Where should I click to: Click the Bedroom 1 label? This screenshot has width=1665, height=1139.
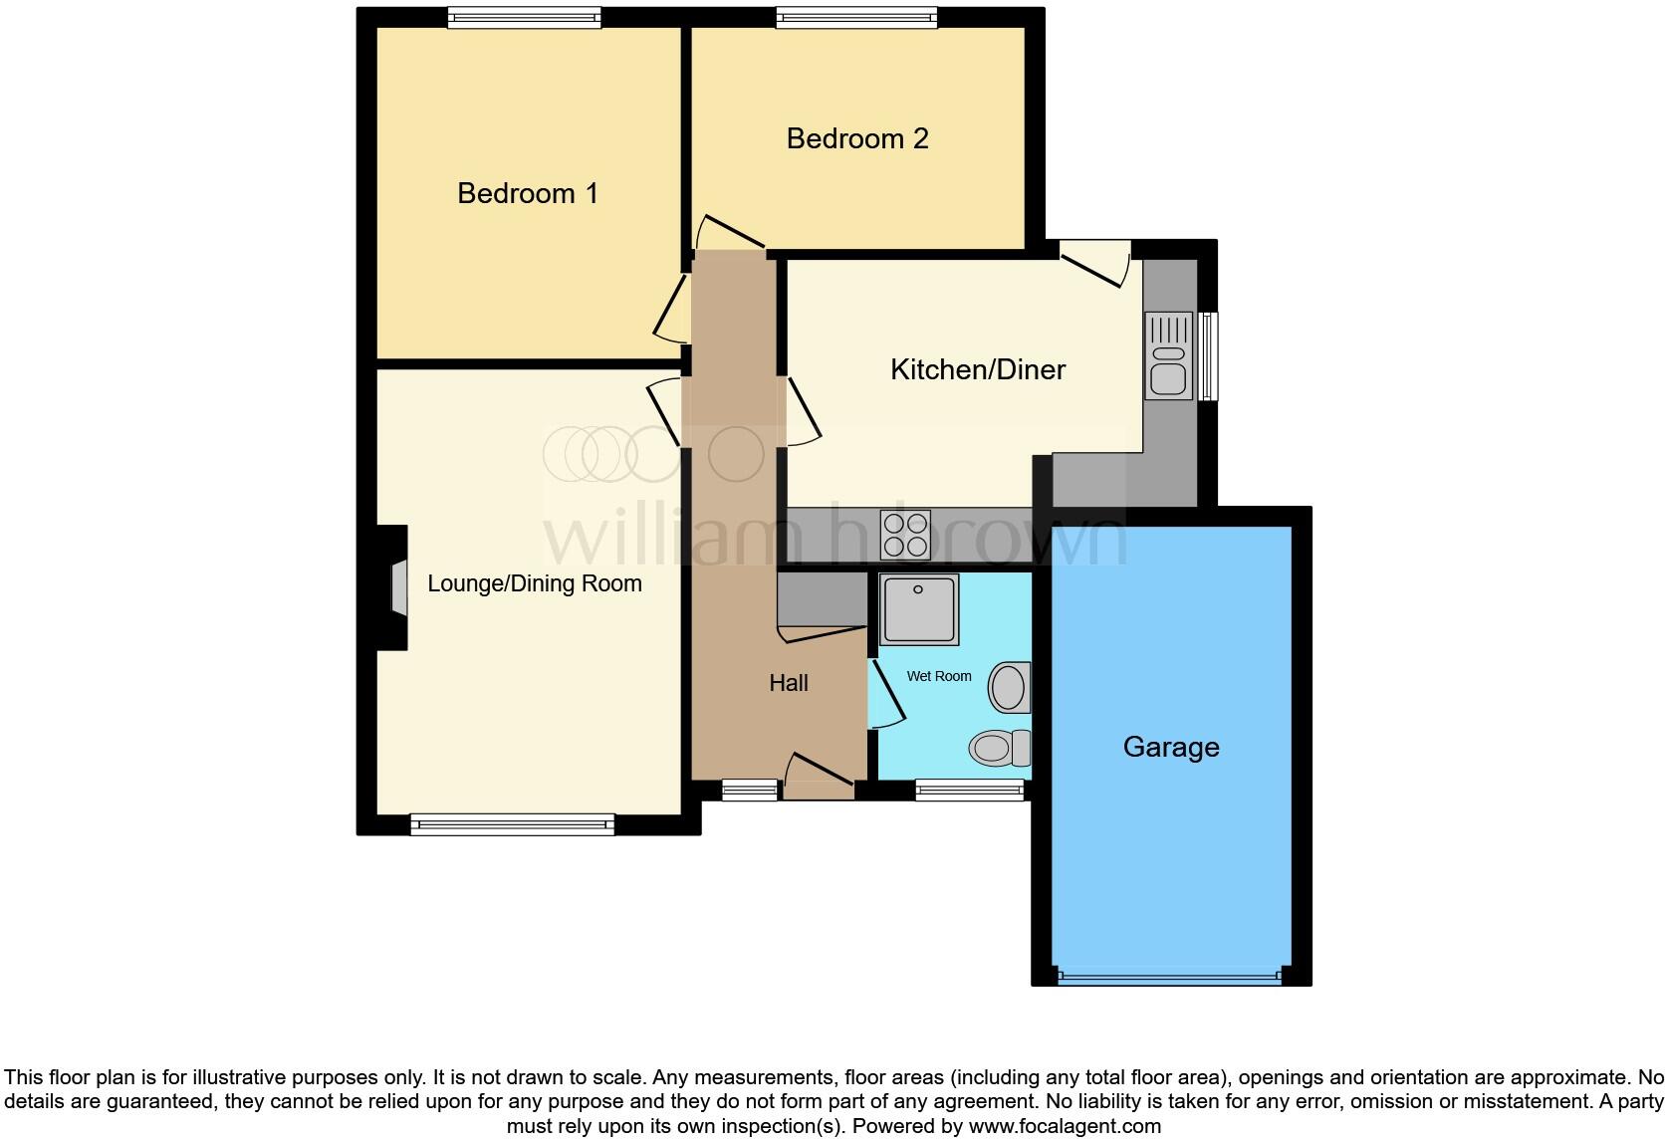528,193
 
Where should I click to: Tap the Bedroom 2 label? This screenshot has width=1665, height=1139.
857,138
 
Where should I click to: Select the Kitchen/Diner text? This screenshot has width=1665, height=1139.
977,370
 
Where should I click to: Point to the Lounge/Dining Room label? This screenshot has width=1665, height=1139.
535,583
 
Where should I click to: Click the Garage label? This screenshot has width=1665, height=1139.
1171,747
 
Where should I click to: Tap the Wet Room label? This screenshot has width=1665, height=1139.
938,676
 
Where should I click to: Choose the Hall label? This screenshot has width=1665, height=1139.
788,683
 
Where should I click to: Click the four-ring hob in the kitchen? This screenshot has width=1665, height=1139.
905,535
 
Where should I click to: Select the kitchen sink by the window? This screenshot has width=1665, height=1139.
1168,356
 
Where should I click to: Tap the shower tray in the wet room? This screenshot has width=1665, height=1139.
918,608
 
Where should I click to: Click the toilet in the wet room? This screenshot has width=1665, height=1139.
1001,747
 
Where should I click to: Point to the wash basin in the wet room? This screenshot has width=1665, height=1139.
1009,687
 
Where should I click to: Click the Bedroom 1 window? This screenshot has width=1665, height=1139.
524,17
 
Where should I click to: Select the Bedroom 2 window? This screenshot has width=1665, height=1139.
856,17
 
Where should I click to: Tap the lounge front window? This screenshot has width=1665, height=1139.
512,823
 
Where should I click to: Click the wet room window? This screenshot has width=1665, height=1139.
969,791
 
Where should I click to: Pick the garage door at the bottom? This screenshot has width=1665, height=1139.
1170,978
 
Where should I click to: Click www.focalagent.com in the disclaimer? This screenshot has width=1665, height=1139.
1065,1127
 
